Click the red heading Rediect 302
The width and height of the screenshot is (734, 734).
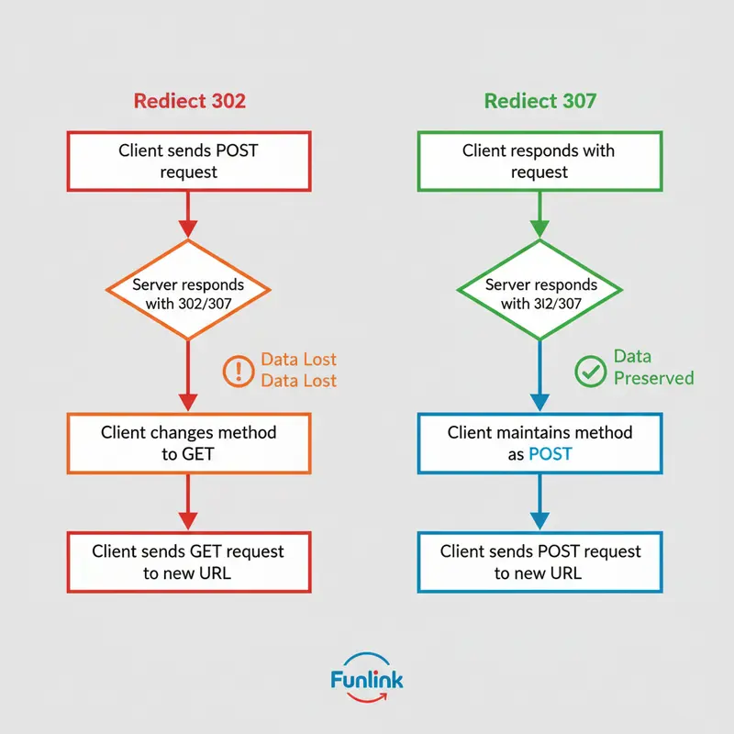click(x=189, y=100)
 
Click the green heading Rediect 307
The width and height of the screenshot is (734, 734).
click(x=539, y=100)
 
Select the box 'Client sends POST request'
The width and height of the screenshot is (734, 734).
click(x=188, y=161)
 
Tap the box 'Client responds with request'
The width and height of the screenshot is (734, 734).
click(x=539, y=161)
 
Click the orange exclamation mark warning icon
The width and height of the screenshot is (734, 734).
click(x=238, y=370)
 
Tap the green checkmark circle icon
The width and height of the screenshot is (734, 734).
click(x=589, y=370)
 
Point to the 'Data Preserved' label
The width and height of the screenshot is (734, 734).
click(x=653, y=367)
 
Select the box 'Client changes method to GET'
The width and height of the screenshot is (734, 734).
click(x=188, y=443)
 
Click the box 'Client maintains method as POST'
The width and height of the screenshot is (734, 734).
click(x=539, y=443)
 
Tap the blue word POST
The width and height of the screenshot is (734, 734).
click(x=550, y=454)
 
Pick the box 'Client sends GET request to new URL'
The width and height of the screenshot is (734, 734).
click(x=188, y=562)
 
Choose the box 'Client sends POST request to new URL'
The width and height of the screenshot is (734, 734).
click(x=539, y=562)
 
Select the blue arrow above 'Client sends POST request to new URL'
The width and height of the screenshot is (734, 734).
click(x=539, y=503)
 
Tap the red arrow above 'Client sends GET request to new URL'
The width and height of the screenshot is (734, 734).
click(x=188, y=503)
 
